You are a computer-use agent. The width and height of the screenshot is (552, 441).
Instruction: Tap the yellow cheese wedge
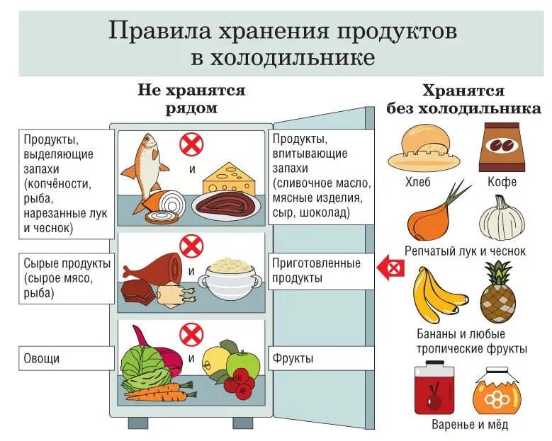(230, 177)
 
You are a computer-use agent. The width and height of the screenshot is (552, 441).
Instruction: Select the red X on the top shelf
(191, 144)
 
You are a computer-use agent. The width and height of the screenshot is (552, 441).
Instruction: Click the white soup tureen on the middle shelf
(230, 279)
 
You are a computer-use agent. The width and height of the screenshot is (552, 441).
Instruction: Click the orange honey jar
(496, 391)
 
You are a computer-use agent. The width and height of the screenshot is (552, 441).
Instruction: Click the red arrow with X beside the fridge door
(391, 268)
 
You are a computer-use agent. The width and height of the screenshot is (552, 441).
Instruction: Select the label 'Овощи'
(41, 358)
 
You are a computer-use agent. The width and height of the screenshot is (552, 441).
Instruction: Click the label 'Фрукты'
(293, 358)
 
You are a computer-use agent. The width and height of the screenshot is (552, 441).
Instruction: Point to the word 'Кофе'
(502, 182)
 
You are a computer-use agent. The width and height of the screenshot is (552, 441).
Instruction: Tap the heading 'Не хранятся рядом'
(191, 100)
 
